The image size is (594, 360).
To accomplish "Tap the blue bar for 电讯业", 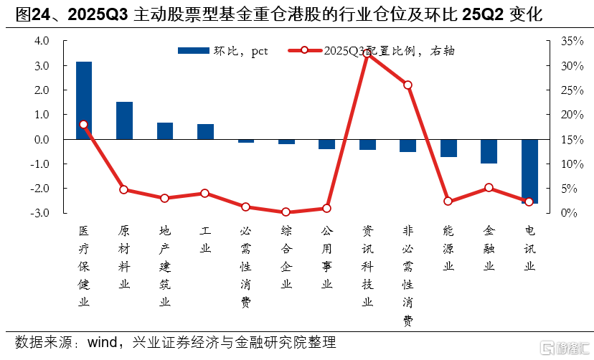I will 529,171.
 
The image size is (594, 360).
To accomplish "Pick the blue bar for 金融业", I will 489,151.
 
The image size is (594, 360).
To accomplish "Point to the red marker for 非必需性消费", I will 408,85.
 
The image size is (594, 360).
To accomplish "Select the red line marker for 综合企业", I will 286,212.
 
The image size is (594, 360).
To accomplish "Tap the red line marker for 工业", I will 205,194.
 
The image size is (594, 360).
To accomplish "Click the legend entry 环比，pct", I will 222,50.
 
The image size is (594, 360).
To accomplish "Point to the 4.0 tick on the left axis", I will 42,41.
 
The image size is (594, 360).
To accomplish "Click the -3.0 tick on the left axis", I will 40,213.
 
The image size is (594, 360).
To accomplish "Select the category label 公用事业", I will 327,258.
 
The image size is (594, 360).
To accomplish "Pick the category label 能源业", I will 448,250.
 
